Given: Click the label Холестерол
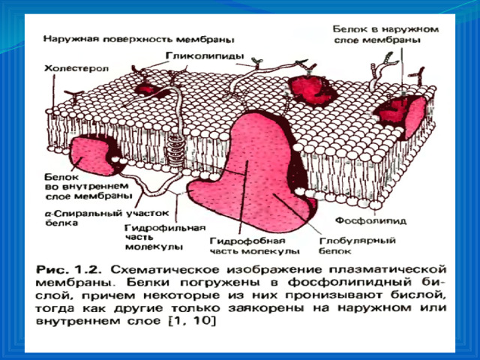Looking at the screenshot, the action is [x=76, y=68].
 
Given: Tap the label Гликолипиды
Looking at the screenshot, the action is [x=205, y=56].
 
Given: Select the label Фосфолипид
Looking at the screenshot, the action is [x=370, y=220].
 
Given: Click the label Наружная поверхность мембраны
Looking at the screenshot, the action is [x=139, y=40].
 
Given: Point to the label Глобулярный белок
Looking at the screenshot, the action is [x=357, y=246].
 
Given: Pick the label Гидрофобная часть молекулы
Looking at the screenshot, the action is [x=254, y=246].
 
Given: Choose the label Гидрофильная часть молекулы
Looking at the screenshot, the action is [x=165, y=238].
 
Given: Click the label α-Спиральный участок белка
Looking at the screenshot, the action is [x=107, y=217].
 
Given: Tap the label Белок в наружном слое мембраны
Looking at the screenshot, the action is [x=386, y=34].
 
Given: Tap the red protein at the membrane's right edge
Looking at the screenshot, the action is [x=403, y=115].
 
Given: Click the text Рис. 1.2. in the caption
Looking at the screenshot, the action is [x=67, y=271].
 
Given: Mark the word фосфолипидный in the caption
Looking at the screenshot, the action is [x=352, y=283].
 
